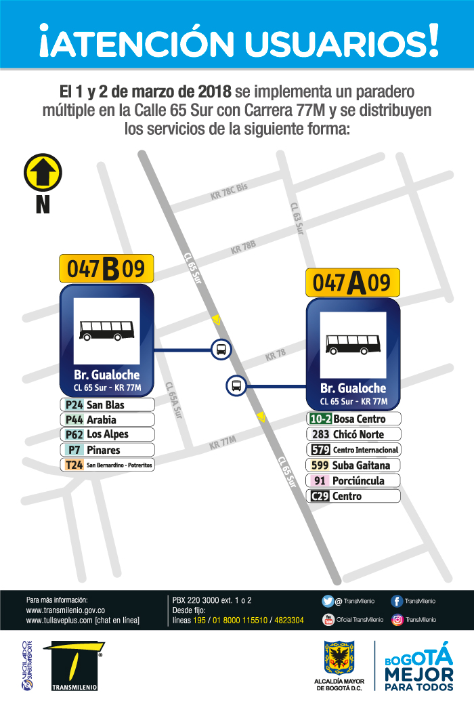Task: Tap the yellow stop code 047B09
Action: tap(106, 269)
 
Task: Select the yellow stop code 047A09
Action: tap(352, 282)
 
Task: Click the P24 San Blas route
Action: tap(108, 405)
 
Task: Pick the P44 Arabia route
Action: tap(108, 420)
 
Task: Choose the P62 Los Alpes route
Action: tap(108, 434)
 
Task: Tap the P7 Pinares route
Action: tap(108, 450)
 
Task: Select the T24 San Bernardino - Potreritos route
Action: tap(108, 465)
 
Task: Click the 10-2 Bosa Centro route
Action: tap(354, 419)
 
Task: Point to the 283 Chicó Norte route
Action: tap(354, 434)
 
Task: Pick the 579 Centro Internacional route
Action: tap(354, 450)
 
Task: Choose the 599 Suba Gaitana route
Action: tap(354, 465)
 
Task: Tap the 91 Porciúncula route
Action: tap(354, 481)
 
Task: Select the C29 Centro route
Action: tap(354, 497)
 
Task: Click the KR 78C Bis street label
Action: tap(230, 191)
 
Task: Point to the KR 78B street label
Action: tap(243, 248)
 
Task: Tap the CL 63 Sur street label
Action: tap(297, 218)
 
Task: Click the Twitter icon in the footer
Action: tap(328, 601)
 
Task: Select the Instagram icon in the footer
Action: tap(397, 619)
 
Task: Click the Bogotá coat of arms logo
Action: tap(340, 658)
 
